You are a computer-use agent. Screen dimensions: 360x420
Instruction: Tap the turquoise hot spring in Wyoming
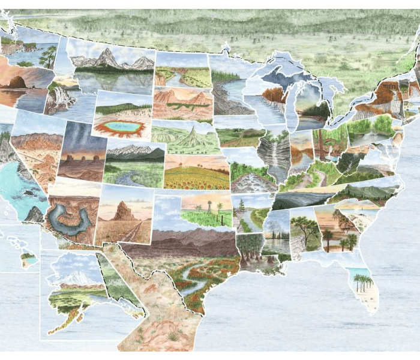(x=122, y=128)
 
